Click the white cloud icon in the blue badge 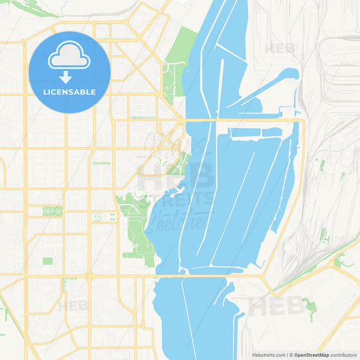[70, 58]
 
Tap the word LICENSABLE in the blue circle [70, 92]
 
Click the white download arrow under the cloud [66, 76]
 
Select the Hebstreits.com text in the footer [267, 354]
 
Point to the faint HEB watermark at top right [280, 49]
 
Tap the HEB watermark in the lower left [72, 305]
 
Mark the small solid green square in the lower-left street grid [47, 261]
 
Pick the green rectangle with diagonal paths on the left [52, 211]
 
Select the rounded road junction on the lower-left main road [89, 275]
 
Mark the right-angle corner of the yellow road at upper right [303, 121]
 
